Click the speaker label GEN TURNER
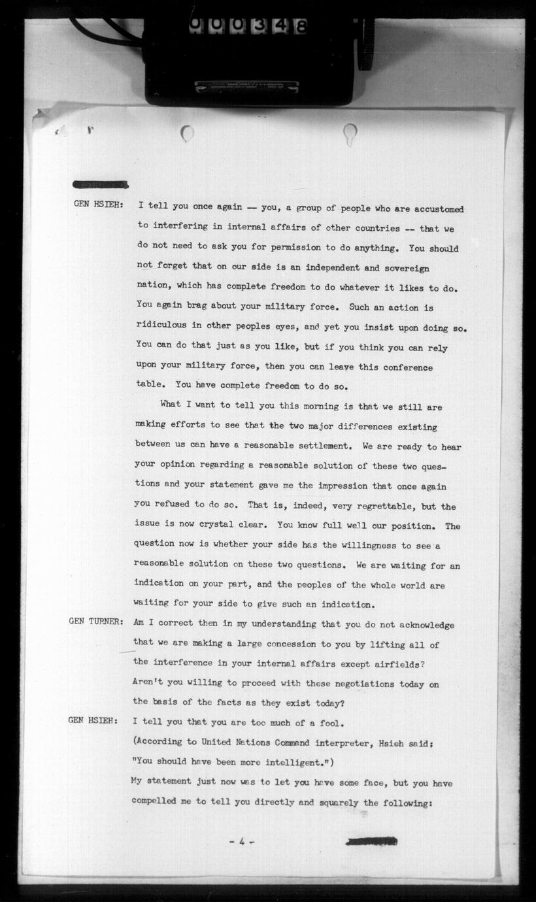pos(95,622)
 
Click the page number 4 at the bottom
pos(241,842)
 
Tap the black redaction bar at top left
pos(100,184)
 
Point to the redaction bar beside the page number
pos(371,841)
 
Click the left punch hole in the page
pos(188,134)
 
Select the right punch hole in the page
pos(350,134)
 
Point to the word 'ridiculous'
pos(163,327)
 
